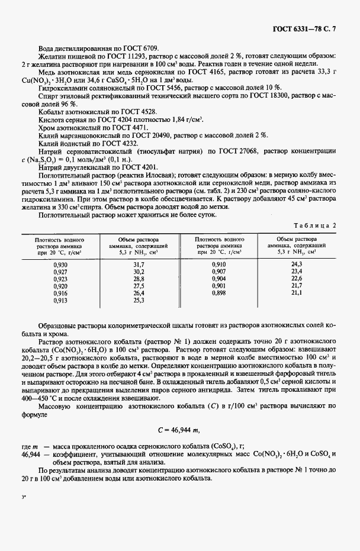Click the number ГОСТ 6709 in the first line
point(143,49)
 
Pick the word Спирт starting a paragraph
point(48,95)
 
